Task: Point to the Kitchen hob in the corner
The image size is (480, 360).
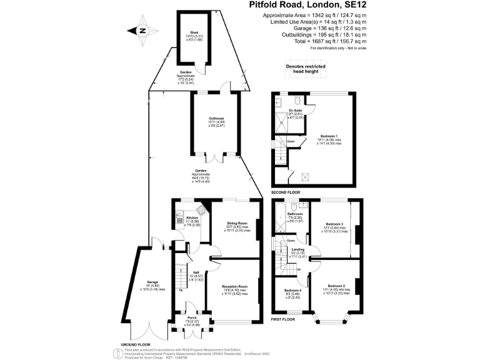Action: pos(201,209)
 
